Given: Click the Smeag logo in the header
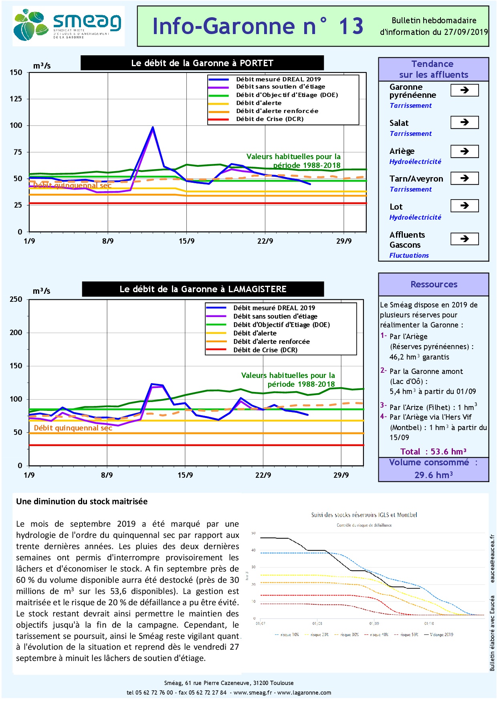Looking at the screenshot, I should click(68, 26).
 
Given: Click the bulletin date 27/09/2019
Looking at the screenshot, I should click(466, 32).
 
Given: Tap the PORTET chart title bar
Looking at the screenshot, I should click(202, 63).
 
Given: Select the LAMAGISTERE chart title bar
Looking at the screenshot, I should click(203, 289).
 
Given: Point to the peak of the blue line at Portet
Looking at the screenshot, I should click(153, 127).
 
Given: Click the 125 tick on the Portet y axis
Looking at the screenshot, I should click(16, 99).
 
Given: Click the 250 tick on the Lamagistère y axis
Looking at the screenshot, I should click(16, 299).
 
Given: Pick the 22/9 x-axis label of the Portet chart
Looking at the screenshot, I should click(265, 241).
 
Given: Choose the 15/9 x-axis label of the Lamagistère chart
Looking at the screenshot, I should click(185, 475).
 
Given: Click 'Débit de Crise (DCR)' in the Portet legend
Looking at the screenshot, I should click(269, 119).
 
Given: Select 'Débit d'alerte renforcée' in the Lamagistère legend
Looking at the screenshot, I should click(271, 341).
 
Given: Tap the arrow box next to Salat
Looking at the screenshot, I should click(465, 122).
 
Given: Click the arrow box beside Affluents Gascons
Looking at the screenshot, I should click(465, 239).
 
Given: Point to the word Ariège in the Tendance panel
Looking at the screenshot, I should click(402, 151).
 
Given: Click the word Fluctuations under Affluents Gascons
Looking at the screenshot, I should click(409, 255).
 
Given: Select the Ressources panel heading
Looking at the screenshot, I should click(434, 284).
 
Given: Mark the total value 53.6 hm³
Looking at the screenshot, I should click(448, 452).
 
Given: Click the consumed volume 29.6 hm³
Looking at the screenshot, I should click(434, 475).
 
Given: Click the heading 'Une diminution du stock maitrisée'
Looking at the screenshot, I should click(82, 501).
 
